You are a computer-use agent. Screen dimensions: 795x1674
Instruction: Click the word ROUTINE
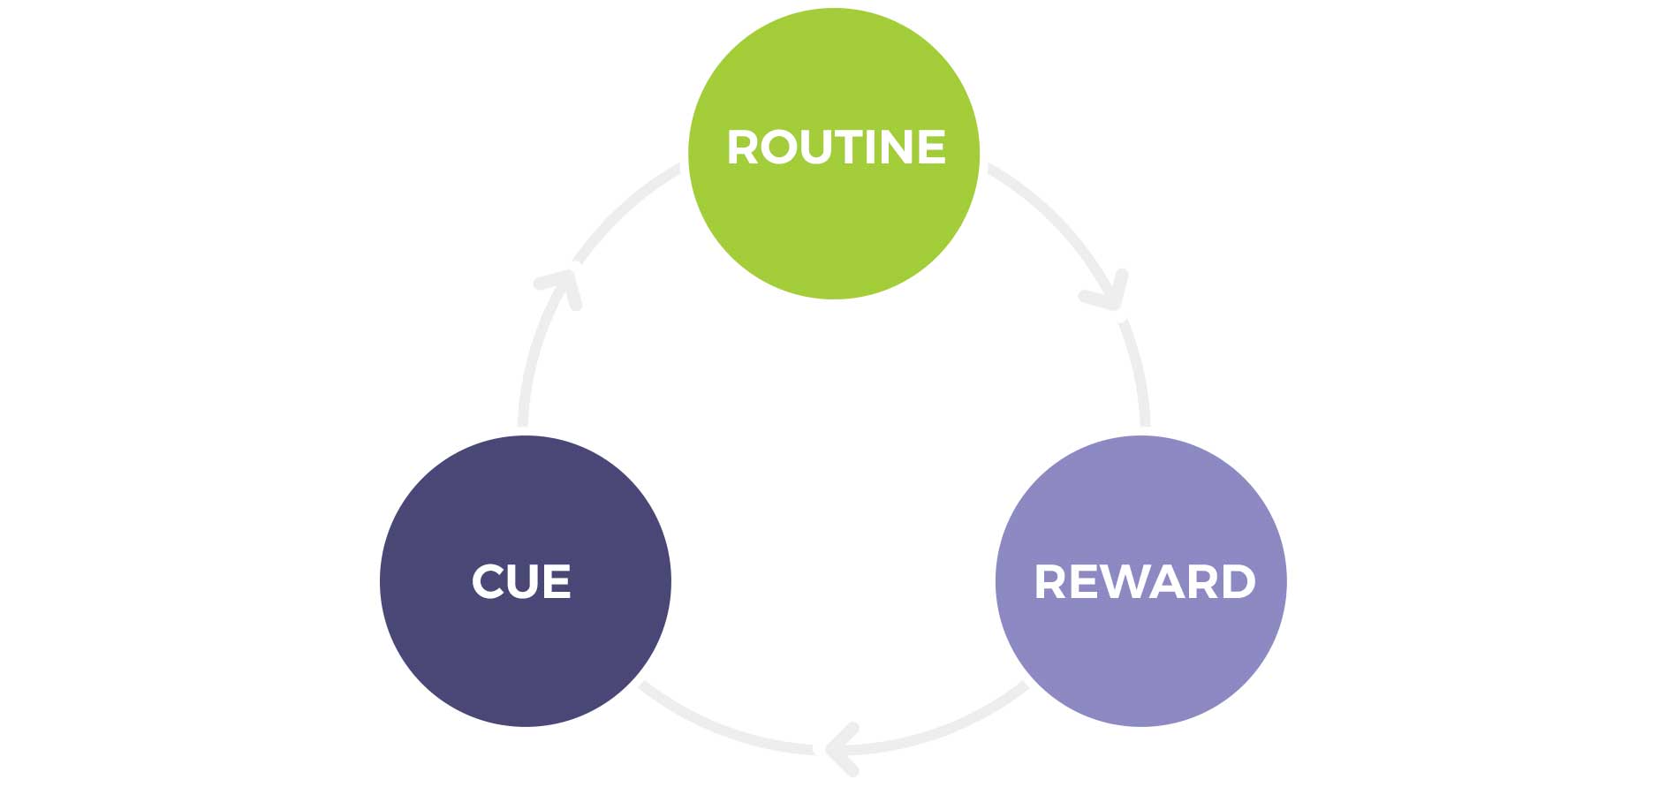coord(836,148)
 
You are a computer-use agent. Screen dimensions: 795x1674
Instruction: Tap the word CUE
coord(521,582)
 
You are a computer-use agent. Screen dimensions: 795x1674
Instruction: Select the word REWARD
coord(1144,582)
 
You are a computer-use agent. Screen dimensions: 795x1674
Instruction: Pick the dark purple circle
coord(526,654)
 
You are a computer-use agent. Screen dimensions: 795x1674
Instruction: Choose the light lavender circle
coord(1140,654)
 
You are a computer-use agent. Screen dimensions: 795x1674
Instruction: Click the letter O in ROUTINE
coord(776,148)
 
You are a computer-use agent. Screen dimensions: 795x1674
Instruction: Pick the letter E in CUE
coord(557,582)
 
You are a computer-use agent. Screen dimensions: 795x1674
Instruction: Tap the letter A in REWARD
coord(1164,582)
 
